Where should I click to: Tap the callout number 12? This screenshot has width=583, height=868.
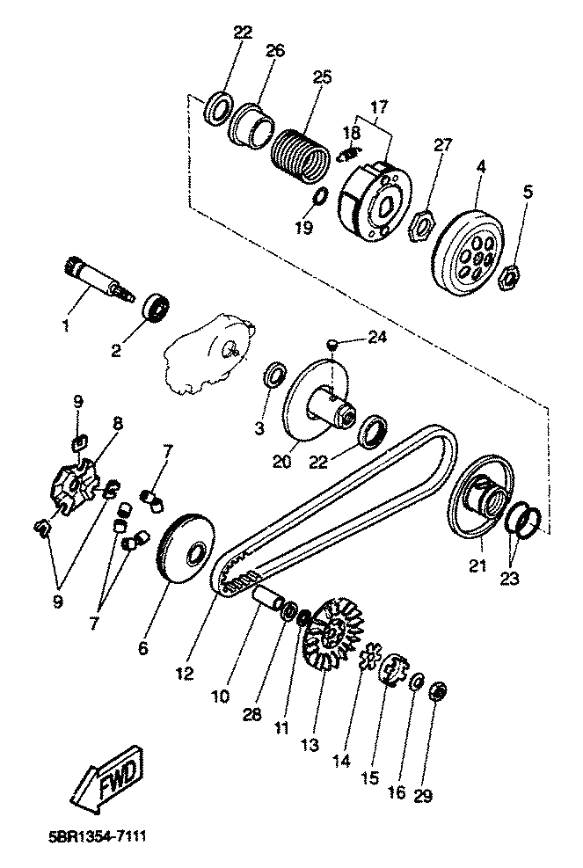click(x=186, y=673)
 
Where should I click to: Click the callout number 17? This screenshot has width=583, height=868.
click(x=379, y=106)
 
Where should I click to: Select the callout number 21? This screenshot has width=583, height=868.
click(x=477, y=565)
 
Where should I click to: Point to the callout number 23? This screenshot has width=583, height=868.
click(x=510, y=579)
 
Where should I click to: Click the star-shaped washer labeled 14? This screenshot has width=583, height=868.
click(x=368, y=656)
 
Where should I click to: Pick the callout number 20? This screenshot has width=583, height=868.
click(x=281, y=461)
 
